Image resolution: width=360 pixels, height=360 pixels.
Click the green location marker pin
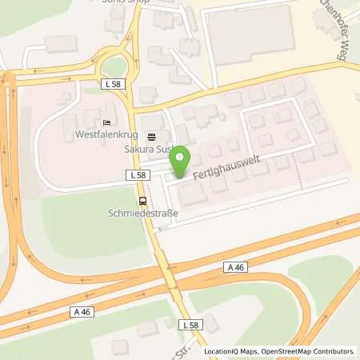tap(182, 157)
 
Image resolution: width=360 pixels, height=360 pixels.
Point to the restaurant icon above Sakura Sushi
tap(152, 137)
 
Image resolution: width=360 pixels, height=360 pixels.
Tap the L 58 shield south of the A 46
tap(190, 324)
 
